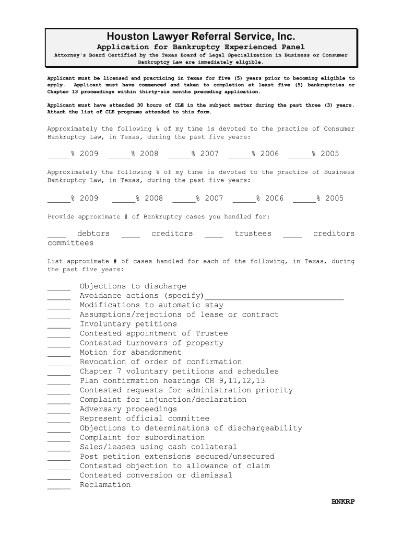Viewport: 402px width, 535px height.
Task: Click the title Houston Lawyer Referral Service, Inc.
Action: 201,37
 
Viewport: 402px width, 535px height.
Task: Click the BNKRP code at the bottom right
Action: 343,502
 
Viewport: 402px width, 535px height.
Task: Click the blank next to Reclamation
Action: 58,487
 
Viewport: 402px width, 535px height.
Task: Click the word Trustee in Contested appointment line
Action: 211,333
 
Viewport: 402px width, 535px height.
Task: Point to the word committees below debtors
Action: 70,243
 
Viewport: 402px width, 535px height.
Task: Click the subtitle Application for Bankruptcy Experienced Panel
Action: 201,47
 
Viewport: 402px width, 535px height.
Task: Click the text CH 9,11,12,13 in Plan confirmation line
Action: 235,381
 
